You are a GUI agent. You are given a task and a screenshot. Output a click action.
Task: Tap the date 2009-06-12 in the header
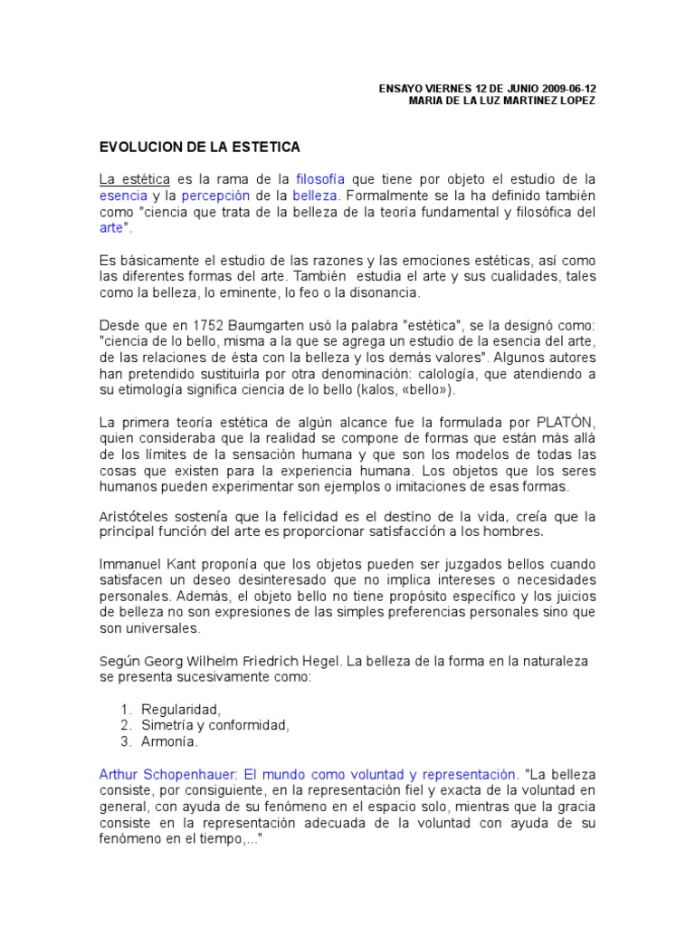[x=569, y=88]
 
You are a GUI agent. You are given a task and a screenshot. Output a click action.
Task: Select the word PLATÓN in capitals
[x=566, y=422]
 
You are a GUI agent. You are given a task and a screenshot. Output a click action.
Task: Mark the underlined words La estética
[x=135, y=179]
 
